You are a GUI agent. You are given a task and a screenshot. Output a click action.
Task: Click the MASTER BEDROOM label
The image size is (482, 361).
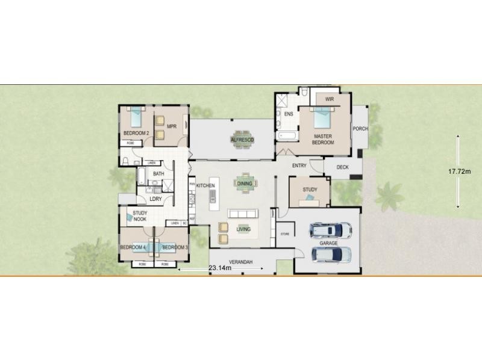[323, 140]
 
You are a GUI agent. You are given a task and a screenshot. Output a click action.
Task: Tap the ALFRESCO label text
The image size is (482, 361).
[242, 140]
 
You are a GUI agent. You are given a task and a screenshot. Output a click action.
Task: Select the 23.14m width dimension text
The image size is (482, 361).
[220, 268]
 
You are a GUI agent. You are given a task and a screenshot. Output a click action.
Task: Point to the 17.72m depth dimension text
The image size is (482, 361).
[459, 171]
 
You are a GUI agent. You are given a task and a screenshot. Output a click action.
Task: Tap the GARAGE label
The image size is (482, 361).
[328, 243]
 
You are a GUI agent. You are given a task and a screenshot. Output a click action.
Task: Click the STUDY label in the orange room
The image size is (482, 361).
[310, 190]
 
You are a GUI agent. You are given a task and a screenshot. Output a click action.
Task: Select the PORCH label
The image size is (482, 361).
[360, 129]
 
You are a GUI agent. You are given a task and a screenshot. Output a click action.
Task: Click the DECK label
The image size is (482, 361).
[342, 167]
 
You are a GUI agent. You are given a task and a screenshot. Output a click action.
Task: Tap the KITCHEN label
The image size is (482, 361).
[205, 186]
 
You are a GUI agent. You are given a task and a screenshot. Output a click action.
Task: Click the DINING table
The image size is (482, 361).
[244, 184]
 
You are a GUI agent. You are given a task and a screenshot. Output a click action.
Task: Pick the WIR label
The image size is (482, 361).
[329, 99]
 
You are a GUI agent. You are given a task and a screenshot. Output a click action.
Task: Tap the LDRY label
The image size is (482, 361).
[155, 199]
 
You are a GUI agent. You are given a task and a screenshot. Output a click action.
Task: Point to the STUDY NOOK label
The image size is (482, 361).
[140, 216]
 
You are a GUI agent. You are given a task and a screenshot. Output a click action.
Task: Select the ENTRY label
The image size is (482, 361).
[299, 165]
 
